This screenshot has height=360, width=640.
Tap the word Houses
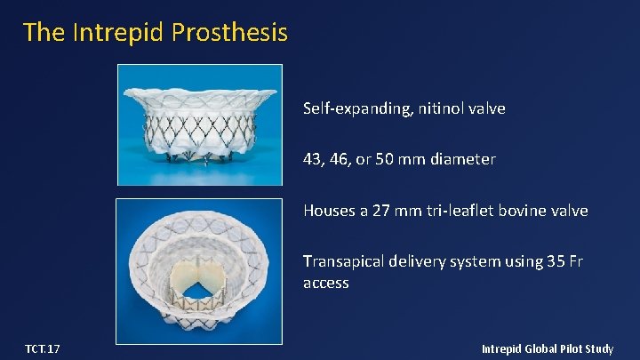point(329,211)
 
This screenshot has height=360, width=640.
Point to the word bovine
point(525,211)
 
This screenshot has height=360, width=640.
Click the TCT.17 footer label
point(43,349)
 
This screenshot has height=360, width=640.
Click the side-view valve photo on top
point(200,124)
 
